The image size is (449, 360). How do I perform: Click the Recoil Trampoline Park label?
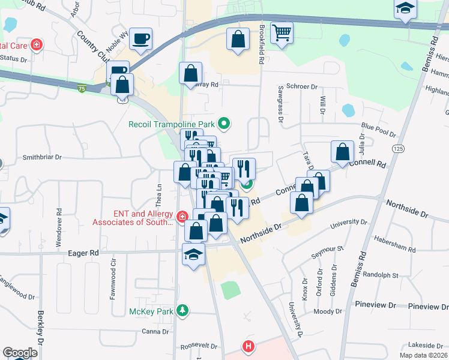(172, 125)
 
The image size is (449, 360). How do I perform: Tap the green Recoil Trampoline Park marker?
(224, 125)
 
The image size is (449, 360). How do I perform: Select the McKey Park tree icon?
(184, 311)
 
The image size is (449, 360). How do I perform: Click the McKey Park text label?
(151, 311)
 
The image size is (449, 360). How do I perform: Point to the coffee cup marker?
(140, 39)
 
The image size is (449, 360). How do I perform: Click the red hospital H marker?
(247, 346)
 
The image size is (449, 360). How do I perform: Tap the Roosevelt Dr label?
(199, 346)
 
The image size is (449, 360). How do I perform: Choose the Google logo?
(20, 353)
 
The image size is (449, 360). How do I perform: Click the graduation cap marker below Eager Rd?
(193, 255)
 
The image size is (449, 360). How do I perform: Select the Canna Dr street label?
(156, 331)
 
